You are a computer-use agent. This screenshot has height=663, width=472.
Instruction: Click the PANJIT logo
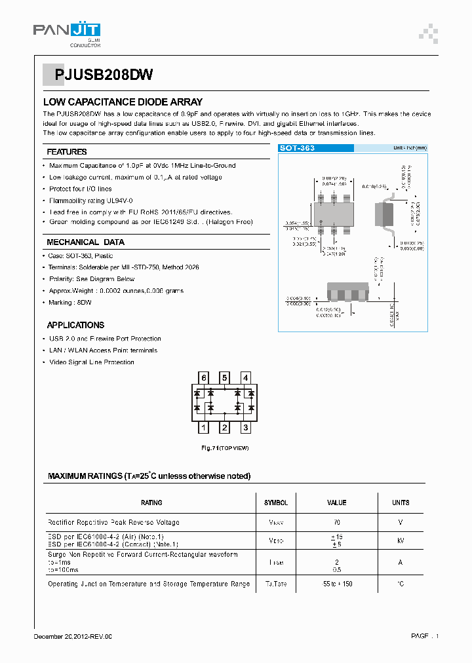point(66,31)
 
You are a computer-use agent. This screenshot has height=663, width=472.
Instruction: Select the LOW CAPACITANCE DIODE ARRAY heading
point(123,102)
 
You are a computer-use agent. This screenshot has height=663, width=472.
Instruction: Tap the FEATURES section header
point(67,152)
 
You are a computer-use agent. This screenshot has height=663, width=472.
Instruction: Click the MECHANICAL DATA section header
point(85,242)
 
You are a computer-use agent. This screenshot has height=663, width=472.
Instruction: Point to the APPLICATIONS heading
point(75,325)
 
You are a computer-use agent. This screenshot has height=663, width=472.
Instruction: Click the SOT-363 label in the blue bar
point(297,148)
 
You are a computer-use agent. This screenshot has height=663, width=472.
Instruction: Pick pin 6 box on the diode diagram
point(204,377)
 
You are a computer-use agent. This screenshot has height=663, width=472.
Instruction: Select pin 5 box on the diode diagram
point(224,377)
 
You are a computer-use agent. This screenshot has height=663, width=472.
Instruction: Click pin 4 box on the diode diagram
point(245,377)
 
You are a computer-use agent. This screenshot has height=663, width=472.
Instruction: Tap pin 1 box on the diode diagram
point(204,428)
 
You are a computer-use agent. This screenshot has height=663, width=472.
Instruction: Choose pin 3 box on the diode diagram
point(245,428)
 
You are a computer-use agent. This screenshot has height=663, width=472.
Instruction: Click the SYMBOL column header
point(275,502)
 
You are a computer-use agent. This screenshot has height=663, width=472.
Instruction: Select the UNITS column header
point(400,502)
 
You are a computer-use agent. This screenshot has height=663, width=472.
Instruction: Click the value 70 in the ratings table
point(336,522)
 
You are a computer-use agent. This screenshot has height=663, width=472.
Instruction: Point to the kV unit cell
point(400,542)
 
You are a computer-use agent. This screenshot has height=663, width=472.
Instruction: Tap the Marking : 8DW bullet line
point(71,303)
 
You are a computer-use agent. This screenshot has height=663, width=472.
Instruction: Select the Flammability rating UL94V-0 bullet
point(91,200)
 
